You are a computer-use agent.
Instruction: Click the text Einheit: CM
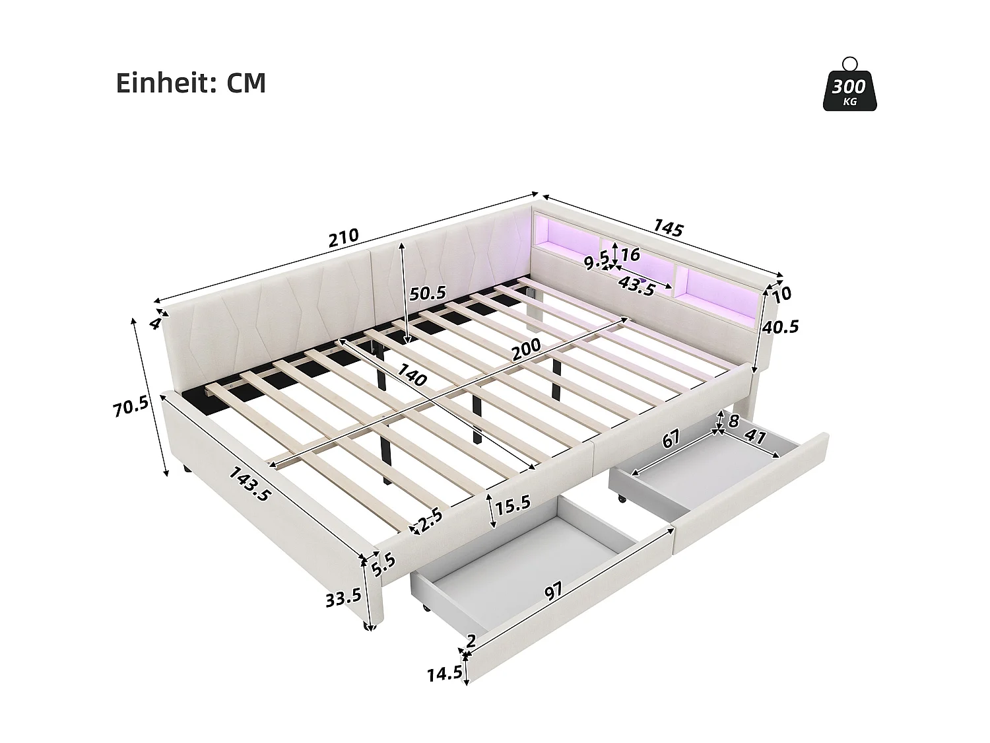tap(191, 84)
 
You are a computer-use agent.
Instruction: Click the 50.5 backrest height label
tap(428, 293)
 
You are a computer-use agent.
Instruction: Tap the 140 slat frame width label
tap(410, 375)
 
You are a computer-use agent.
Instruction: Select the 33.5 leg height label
tap(343, 597)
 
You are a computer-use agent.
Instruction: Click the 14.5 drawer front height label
tap(444, 674)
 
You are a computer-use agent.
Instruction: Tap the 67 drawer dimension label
tap(671, 439)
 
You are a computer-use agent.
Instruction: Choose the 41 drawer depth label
tap(754, 437)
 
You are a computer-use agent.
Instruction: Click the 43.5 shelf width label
tap(636, 287)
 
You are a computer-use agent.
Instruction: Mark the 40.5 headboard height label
tap(779, 326)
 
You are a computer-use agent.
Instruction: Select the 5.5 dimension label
tap(383, 562)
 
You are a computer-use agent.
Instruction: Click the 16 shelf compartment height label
tap(630, 254)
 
